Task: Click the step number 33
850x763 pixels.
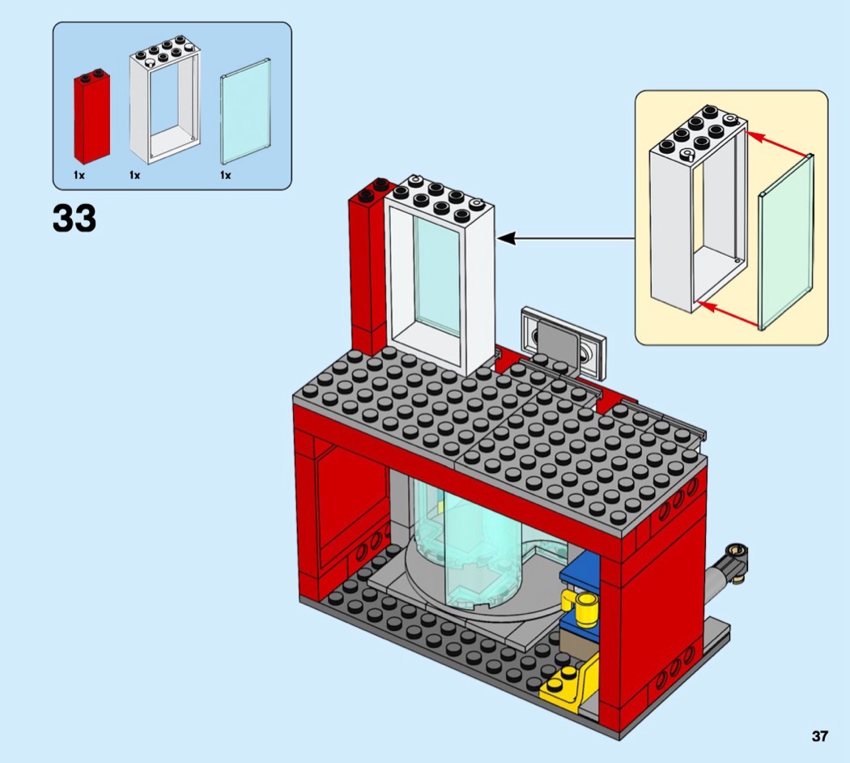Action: coord(74,218)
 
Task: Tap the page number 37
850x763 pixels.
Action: coord(820,736)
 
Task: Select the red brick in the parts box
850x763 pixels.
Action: coord(91,117)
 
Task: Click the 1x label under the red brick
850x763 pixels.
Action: coord(79,175)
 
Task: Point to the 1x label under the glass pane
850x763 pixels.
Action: coord(225,175)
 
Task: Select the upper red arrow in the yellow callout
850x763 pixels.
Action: coord(778,143)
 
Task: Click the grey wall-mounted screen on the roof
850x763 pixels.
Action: coord(564,340)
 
